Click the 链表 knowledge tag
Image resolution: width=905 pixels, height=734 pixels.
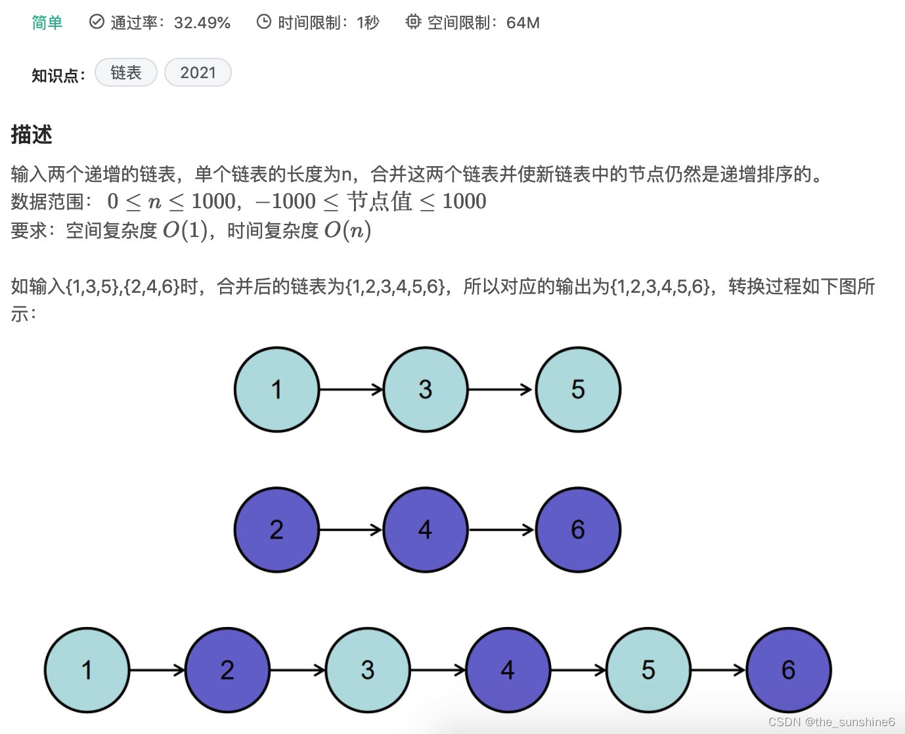coord(126,72)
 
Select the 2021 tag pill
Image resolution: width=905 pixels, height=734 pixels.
coord(198,72)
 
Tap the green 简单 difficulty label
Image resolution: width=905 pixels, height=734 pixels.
coord(47,23)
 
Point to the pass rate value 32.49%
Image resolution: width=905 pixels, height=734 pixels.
coord(202,23)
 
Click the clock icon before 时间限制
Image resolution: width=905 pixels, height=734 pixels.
coord(263,22)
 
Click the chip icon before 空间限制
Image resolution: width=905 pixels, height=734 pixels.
coord(412,22)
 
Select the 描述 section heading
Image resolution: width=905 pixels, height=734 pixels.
coord(32,135)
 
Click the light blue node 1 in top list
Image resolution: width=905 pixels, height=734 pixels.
coord(276,389)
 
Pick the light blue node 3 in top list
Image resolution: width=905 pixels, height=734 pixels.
coord(426,389)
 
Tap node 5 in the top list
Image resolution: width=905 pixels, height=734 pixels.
coord(578,389)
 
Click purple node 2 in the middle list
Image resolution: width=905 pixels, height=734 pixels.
coord(276,529)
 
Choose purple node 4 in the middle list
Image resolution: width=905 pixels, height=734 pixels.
coord(426,529)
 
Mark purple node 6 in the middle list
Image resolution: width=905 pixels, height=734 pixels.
coord(578,529)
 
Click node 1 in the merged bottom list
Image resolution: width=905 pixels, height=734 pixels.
coord(87,670)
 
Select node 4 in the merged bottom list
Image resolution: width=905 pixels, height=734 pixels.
coord(508,670)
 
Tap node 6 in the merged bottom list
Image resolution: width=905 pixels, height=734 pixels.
coord(789,670)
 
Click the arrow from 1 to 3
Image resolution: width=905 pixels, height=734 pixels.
coord(351,389)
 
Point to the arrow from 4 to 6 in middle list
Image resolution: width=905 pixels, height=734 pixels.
coord(502,529)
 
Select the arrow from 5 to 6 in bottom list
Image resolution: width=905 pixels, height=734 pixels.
coord(718,670)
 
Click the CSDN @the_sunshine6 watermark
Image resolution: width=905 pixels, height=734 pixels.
coord(831,722)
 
